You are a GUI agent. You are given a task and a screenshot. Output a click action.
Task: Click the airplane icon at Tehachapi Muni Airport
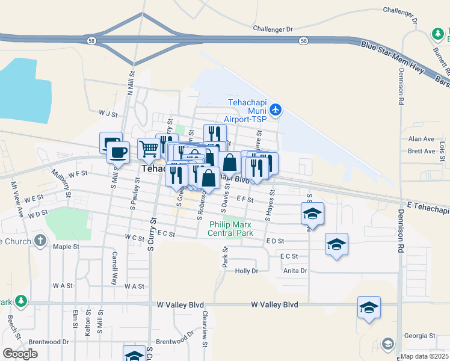(x=276, y=109)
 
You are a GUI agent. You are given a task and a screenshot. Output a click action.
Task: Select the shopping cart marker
(x=148, y=148)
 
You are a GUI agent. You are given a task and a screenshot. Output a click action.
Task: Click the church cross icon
(x=40, y=241)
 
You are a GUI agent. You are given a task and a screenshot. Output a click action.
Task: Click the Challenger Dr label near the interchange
(x=273, y=29)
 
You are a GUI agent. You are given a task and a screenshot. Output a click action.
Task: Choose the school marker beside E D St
(x=336, y=244)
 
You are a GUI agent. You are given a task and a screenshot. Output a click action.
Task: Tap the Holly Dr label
(x=246, y=271)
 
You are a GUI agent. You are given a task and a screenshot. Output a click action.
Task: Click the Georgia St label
(x=419, y=336)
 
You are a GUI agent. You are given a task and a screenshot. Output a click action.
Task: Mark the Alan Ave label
(x=421, y=139)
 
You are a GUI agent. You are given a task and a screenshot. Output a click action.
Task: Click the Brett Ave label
(x=421, y=151)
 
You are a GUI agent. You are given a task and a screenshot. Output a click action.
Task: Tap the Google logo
(x=20, y=354)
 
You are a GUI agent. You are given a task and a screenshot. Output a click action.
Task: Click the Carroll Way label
(x=114, y=265)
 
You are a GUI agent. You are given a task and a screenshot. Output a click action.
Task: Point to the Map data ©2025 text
(x=425, y=357)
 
